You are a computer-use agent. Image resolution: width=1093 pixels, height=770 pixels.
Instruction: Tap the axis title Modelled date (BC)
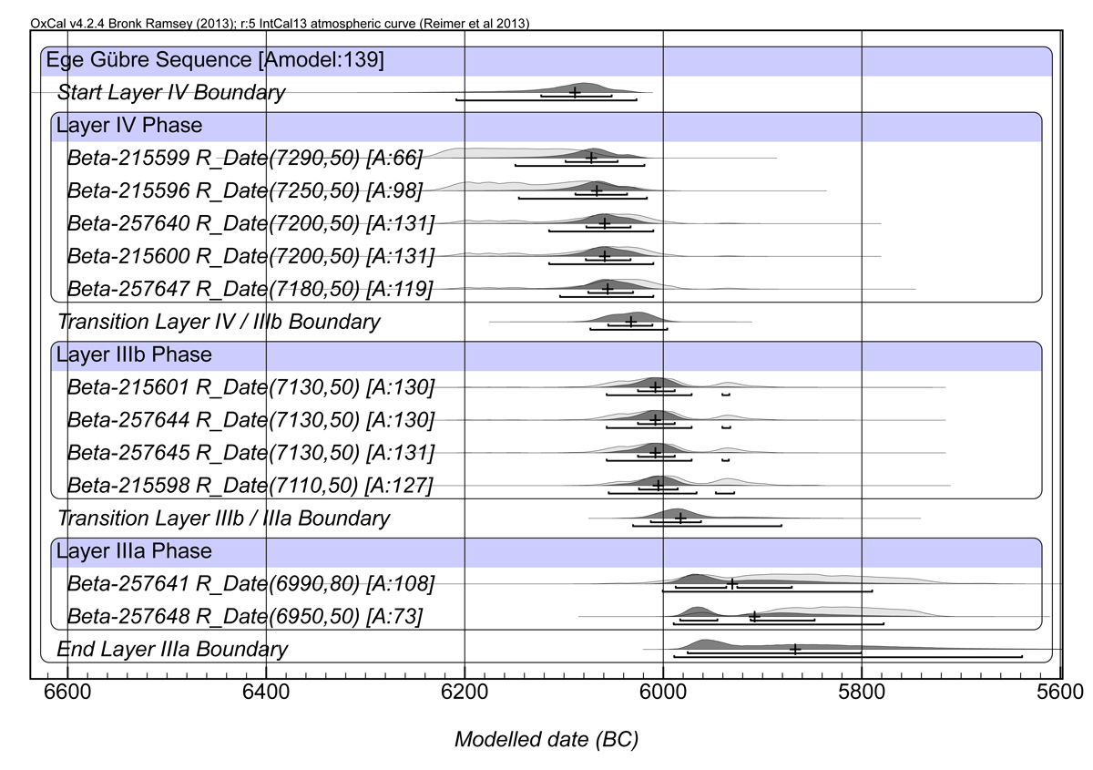pos(546,740)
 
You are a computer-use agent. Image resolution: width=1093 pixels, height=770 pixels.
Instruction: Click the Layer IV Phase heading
pos(129,125)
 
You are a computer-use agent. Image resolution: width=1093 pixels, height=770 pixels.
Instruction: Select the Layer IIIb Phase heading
pos(134,354)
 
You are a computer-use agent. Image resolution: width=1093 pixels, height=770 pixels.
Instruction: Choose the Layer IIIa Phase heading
pos(134,551)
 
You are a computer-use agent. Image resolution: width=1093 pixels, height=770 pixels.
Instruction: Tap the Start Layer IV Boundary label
pos(171,92)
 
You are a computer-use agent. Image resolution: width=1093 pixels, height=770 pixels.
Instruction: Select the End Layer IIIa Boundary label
pos(172,650)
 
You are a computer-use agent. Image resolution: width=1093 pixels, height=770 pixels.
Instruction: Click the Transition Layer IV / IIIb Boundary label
pos(219,322)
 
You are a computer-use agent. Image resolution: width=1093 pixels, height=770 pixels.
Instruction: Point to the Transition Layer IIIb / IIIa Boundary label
pos(223,518)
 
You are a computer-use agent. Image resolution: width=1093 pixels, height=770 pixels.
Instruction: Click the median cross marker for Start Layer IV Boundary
pos(575,92)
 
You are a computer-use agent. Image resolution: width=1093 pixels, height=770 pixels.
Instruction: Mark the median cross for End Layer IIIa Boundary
pos(795,649)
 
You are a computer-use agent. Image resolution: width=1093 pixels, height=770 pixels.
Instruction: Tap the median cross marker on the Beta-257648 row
pos(755,616)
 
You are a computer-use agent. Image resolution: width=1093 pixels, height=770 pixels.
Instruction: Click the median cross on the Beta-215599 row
pos(591,158)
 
